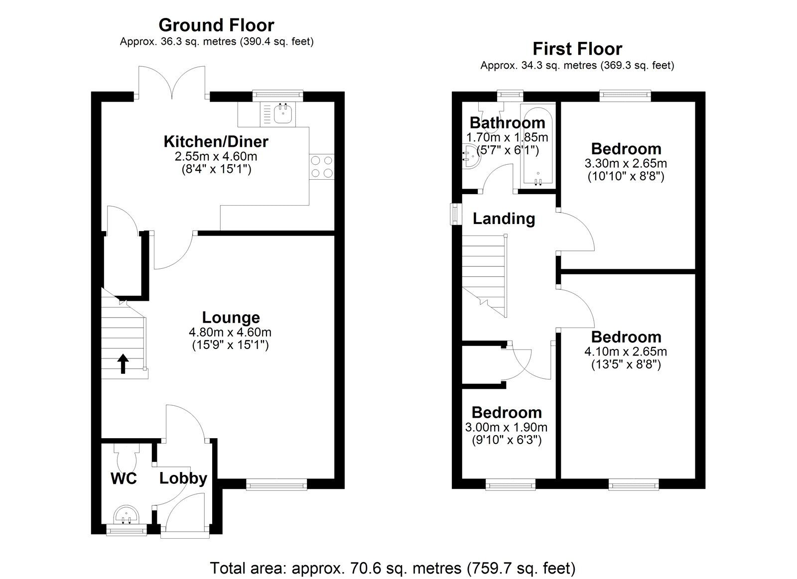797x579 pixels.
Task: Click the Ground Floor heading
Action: click(x=216, y=25)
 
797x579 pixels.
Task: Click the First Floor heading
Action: click(x=577, y=49)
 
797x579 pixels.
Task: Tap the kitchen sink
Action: click(x=282, y=114)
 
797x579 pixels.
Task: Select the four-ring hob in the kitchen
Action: click(x=322, y=166)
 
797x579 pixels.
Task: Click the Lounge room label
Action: click(x=231, y=318)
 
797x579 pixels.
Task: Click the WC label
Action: click(x=123, y=478)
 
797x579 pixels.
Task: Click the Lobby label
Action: click(x=183, y=478)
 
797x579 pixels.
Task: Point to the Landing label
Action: click(x=504, y=219)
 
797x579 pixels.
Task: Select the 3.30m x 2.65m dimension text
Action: click(x=626, y=163)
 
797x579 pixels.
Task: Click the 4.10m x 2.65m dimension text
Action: click(x=626, y=351)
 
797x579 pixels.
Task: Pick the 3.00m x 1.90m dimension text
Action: click(x=506, y=427)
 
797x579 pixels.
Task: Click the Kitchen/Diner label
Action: click(x=216, y=141)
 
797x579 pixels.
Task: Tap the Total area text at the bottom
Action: click(x=393, y=568)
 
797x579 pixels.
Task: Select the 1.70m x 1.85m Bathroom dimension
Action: click(x=507, y=137)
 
